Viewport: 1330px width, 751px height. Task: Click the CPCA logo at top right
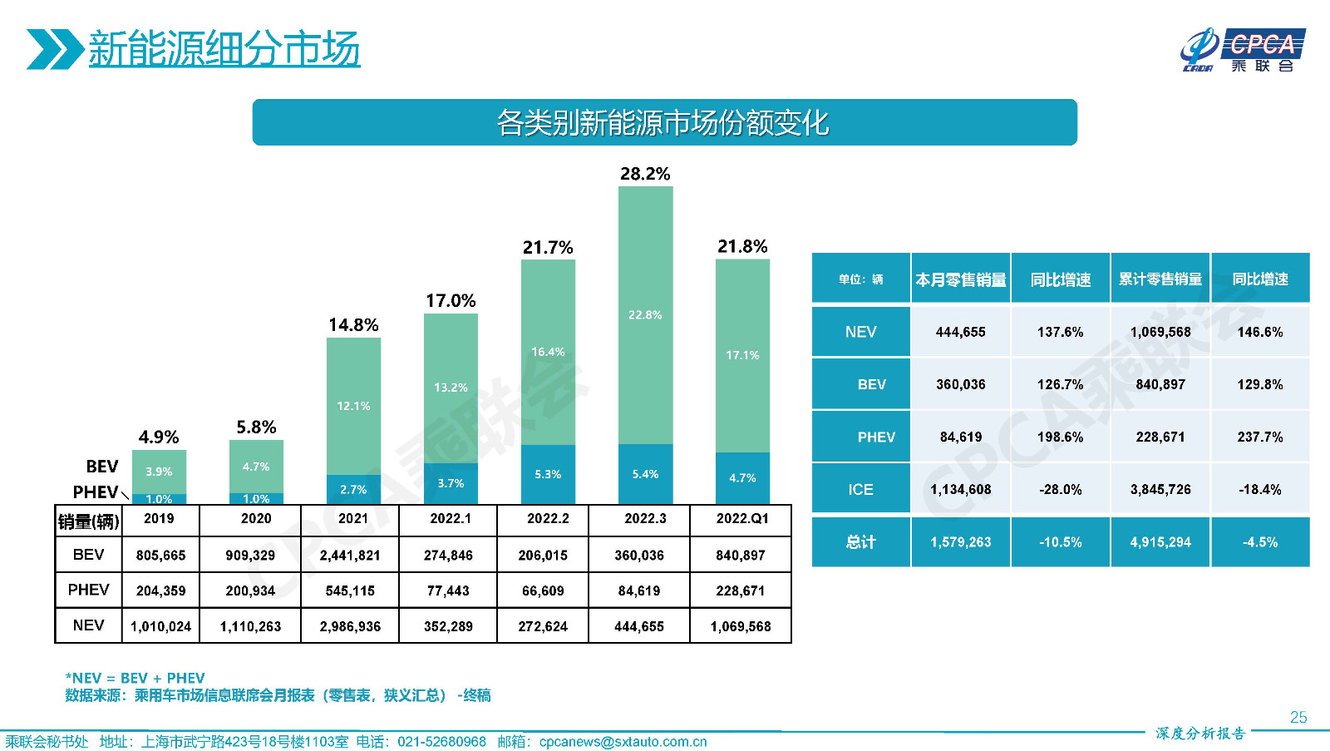coord(1243,50)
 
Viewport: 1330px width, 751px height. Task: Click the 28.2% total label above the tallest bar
coord(645,174)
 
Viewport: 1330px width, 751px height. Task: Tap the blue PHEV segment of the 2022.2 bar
coord(548,474)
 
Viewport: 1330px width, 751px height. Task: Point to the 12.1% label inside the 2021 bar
coord(353,406)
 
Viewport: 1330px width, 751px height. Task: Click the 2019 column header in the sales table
coord(159,518)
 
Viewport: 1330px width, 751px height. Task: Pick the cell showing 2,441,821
coord(350,556)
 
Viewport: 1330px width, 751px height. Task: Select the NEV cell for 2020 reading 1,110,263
coord(250,626)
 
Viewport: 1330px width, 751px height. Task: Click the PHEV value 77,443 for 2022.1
coord(448,591)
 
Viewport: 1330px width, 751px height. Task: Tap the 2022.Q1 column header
coord(741,518)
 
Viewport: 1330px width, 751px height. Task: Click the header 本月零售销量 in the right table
coord(961,279)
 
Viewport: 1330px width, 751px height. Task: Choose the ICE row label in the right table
coord(861,490)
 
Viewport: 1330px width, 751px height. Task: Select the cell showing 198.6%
coord(1061,437)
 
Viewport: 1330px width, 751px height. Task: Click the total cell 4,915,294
coord(1160,542)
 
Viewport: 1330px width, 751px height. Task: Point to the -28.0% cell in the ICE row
coord(1061,490)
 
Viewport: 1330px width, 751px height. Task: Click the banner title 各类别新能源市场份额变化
coord(663,123)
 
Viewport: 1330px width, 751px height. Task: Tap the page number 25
coord(1298,717)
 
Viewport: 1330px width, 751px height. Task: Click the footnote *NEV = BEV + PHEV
coord(135,678)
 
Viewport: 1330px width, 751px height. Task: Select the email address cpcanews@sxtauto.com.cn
coord(623,742)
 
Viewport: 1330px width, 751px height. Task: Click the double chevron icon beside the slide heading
coord(54,49)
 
